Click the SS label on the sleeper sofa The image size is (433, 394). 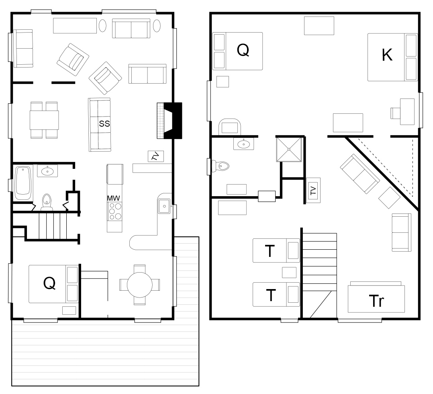click(x=104, y=123)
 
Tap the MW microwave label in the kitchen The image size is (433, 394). click(x=114, y=198)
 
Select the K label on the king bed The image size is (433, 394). click(x=387, y=55)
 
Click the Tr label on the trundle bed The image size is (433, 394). click(x=376, y=301)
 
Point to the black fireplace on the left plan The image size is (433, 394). click(x=173, y=121)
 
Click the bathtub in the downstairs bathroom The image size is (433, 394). click(x=23, y=183)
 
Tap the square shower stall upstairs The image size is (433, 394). click(x=289, y=149)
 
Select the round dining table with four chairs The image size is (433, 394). click(x=139, y=285)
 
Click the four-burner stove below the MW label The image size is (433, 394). click(x=115, y=212)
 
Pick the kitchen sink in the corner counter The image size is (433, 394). click(x=164, y=206)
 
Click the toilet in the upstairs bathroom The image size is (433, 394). click(x=221, y=166)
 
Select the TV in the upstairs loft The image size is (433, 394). click(x=313, y=190)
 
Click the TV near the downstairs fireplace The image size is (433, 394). click(x=156, y=156)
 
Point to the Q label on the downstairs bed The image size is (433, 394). click(x=49, y=283)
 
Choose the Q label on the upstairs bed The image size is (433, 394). click(x=243, y=50)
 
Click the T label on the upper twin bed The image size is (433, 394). click(x=270, y=251)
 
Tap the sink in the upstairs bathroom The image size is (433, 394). click(x=243, y=144)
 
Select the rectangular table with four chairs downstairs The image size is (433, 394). click(x=44, y=120)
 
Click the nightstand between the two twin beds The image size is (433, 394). click(x=289, y=272)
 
